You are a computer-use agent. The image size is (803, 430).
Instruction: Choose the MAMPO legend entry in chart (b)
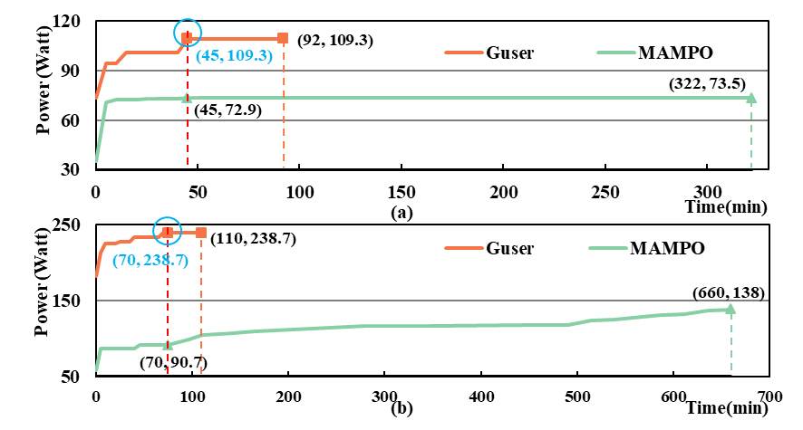pyautogui.click(x=670, y=247)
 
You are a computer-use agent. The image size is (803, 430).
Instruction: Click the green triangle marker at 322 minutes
pyautogui.click(x=750, y=98)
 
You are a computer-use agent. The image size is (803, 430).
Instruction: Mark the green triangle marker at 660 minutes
pyautogui.click(x=730, y=310)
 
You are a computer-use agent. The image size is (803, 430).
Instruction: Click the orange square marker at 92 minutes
pyautogui.click(x=283, y=38)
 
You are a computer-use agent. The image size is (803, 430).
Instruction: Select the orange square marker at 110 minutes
pyautogui.click(x=201, y=233)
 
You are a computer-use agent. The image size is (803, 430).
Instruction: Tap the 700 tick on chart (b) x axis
pyautogui.click(x=769, y=396)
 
